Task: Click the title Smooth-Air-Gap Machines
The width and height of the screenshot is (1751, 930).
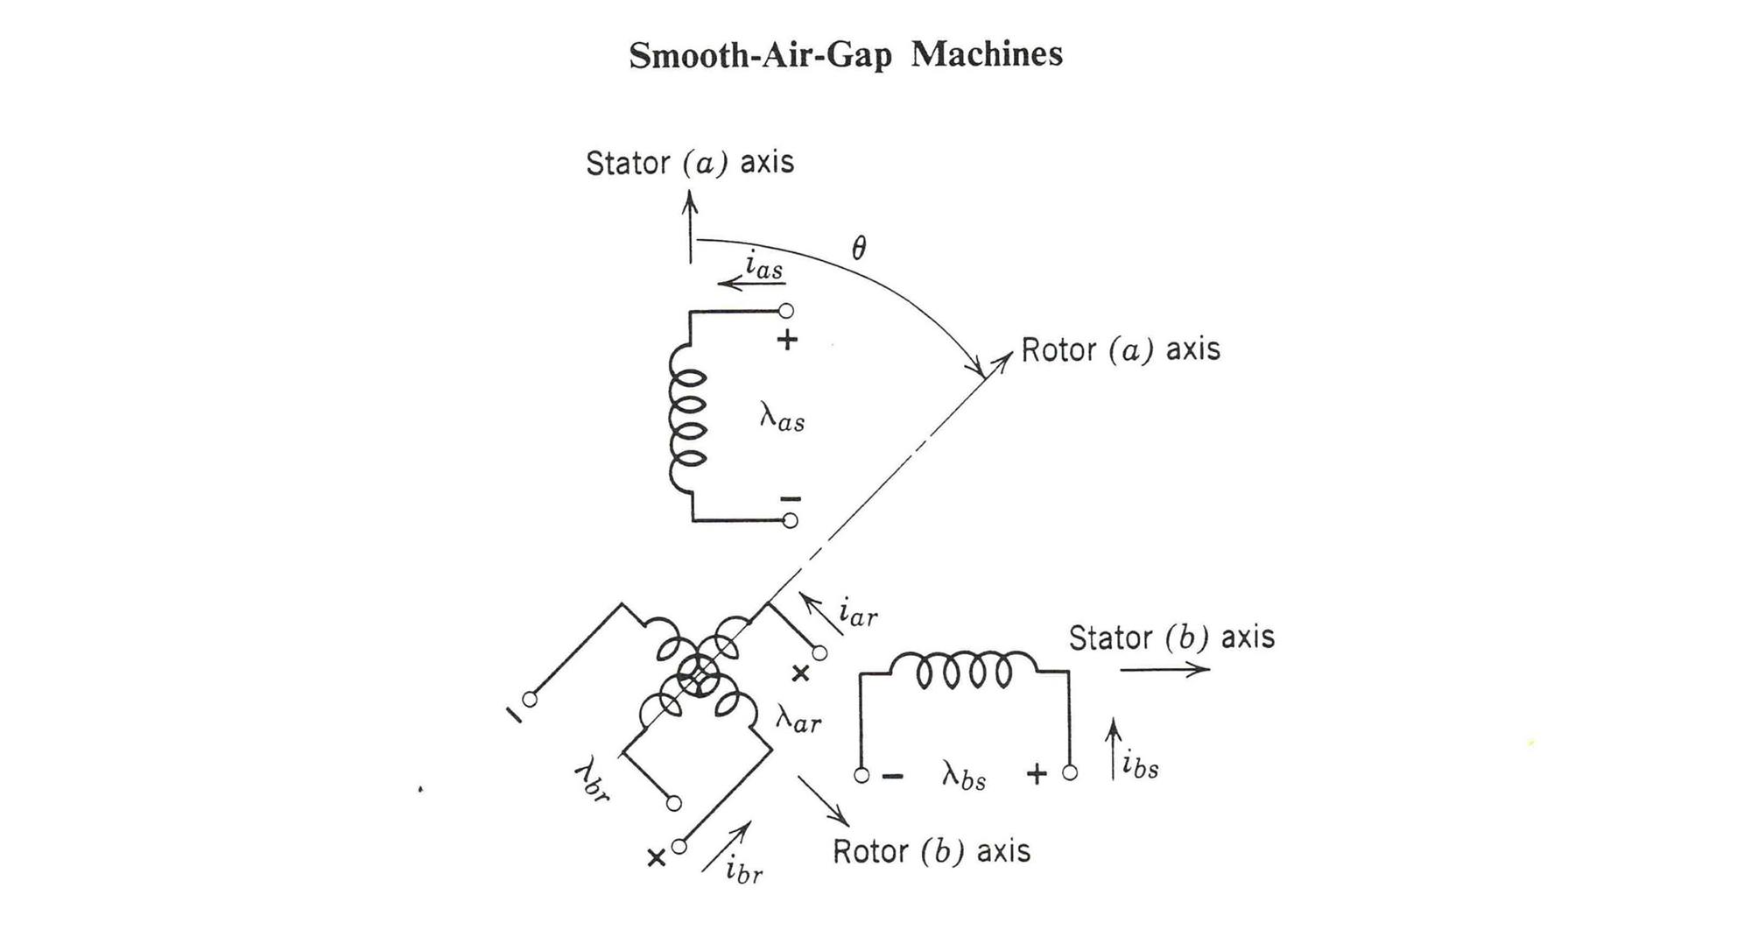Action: [846, 54]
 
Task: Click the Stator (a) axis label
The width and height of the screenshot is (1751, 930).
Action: [689, 163]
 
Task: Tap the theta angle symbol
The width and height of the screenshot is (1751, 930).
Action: [859, 249]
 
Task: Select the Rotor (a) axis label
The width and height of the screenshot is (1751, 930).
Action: [1120, 349]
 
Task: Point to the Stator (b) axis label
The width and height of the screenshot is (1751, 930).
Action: [1171, 638]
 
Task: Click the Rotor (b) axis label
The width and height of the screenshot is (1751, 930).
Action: [931, 851]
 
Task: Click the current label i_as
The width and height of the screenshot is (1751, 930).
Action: [763, 265]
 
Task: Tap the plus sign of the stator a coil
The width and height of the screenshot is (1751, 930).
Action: [787, 340]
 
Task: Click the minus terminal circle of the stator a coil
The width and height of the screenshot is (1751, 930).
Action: [790, 521]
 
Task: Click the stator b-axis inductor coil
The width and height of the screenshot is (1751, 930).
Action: [963, 670]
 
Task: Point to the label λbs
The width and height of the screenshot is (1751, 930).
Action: [964, 776]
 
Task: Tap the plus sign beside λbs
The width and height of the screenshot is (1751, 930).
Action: [1036, 774]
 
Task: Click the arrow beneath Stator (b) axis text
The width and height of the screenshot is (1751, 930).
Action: [1164, 670]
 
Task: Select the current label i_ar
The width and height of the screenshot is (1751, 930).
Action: [857, 613]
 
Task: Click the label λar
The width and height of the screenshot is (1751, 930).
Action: [798, 720]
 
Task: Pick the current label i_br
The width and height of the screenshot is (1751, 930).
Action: [743, 870]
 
